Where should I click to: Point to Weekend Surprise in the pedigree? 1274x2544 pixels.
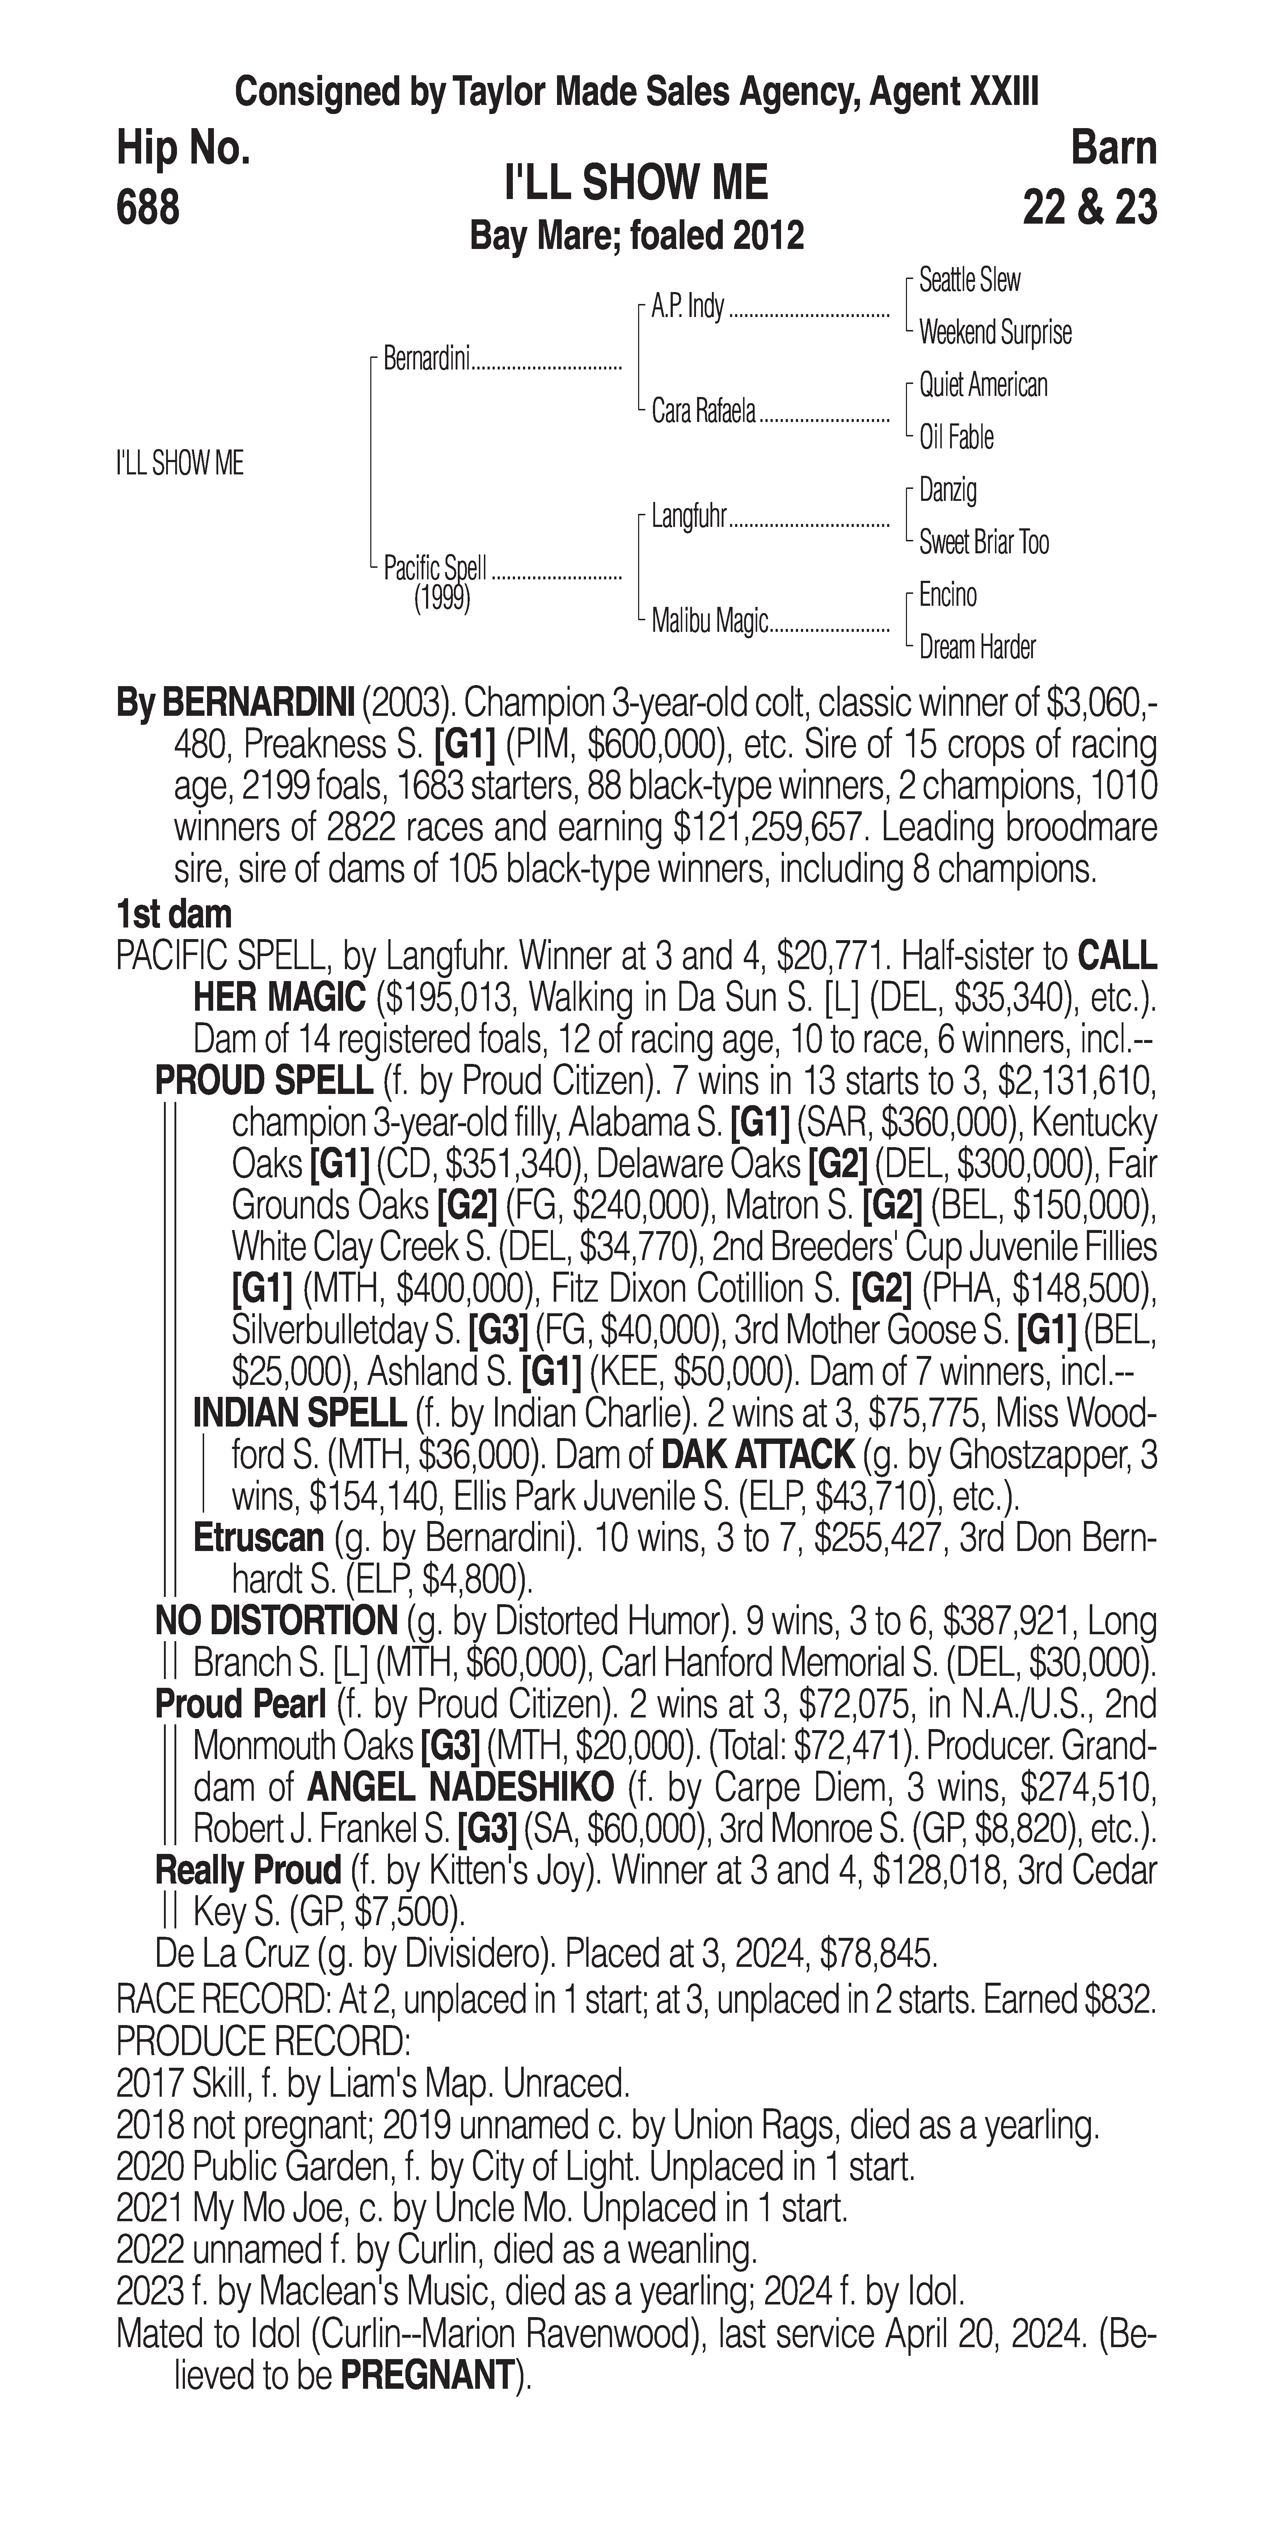995,333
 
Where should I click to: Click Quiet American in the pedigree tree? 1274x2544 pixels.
983,385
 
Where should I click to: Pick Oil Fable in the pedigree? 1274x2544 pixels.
956,438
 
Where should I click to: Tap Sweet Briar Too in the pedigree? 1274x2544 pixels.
984,542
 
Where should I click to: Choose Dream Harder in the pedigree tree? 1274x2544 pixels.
977,648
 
